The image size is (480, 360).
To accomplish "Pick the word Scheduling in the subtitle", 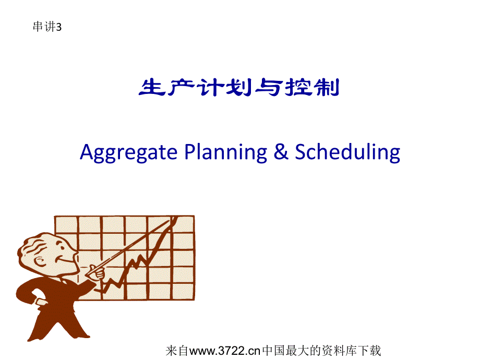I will click(347, 152).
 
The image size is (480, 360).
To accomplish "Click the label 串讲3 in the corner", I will click(47, 27).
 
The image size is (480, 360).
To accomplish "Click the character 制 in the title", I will click(328, 88).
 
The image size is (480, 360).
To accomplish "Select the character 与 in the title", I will click(269, 88).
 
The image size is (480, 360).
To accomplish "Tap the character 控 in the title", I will click(298, 88).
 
